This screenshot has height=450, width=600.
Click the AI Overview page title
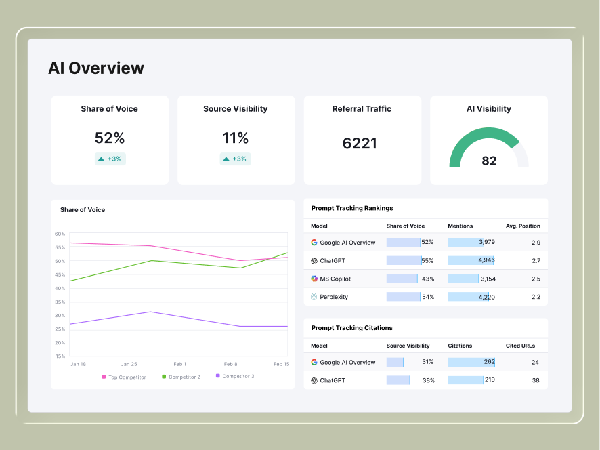click(95, 68)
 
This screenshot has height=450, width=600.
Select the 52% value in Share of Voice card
click(110, 138)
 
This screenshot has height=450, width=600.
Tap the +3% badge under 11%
click(235, 159)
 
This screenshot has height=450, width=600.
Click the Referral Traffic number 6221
click(360, 144)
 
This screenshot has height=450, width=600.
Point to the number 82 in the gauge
click(489, 161)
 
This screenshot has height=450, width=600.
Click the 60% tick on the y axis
click(60, 234)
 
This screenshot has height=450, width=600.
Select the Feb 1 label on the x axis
click(179, 364)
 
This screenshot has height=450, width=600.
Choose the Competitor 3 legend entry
click(238, 376)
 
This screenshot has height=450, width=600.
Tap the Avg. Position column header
click(522, 226)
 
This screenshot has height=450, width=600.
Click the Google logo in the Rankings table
click(314, 243)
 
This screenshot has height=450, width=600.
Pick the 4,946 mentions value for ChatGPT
click(486, 260)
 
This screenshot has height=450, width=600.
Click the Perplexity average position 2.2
click(536, 297)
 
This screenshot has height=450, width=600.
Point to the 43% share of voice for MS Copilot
click(428, 279)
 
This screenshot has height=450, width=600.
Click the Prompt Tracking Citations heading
click(351, 328)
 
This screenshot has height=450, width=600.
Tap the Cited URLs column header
click(520, 346)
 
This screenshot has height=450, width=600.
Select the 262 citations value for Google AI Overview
click(489, 362)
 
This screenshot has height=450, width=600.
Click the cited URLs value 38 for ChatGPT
click(535, 381)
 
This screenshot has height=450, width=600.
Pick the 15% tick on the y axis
click(60, 356)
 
